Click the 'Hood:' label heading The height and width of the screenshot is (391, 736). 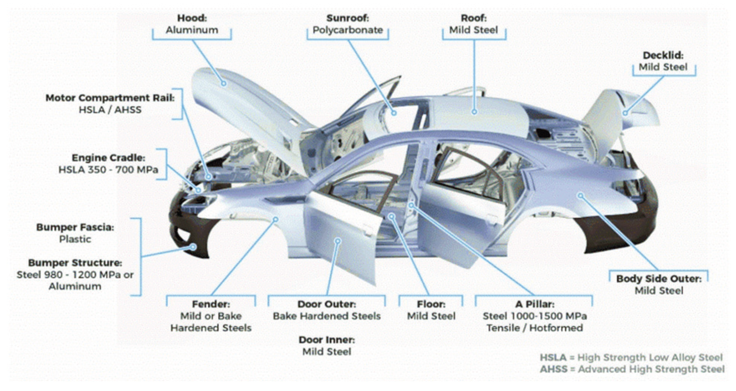click(x=192, y=18)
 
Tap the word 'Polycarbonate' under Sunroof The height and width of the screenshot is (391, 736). click(x=347, y=30)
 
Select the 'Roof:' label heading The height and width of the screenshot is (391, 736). click(x=473, y=18)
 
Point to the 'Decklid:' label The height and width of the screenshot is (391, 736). click(x=663, y=55)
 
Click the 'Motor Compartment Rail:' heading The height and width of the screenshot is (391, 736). click(x=110, y=98)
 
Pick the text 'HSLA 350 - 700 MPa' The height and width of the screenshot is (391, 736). click(x=108, y=170)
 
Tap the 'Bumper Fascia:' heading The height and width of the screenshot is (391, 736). click(x=75, y=227)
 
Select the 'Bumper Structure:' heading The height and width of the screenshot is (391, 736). click(x=75, y=263)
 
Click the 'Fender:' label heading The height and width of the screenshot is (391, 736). click(x=211, y=304)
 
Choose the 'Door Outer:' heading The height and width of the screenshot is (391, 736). click(x=326, y=304)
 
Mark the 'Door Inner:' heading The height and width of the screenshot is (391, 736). click(x=326, y=340)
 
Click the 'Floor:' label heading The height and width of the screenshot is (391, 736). click(x=431, y=304)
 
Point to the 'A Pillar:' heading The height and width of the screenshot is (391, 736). click(x=535, y=304)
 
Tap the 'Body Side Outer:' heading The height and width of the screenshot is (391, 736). click(x=659, y=279)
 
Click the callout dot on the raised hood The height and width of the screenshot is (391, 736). click(x=224, y=84)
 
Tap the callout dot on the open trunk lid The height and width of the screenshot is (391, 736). click(x=625, y=113)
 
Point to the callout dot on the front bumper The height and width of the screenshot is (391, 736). click(x=193, y=247)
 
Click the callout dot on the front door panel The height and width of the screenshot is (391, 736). click(x=338, y=241)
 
